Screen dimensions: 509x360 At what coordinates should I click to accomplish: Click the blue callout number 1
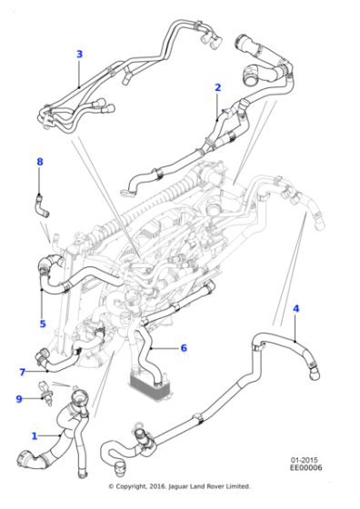click(x=35, y=434)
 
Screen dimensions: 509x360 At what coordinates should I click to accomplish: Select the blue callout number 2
click(x=217, y=87)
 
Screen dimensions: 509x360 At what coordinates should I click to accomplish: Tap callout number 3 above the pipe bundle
click(x=79, y=55)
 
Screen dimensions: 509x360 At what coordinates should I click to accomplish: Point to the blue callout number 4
click(x=295, y=310)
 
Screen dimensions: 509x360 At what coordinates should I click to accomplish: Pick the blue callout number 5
click(x=42, y=323)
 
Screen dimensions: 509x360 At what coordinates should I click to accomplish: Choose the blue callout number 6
click(x=183, y=347)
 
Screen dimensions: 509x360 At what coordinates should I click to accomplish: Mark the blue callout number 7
click(x=22, y=372)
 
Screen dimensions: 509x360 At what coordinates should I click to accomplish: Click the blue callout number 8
click(x=39, y=162)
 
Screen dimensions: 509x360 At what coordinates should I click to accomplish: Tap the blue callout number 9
click(x=18, y=398)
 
